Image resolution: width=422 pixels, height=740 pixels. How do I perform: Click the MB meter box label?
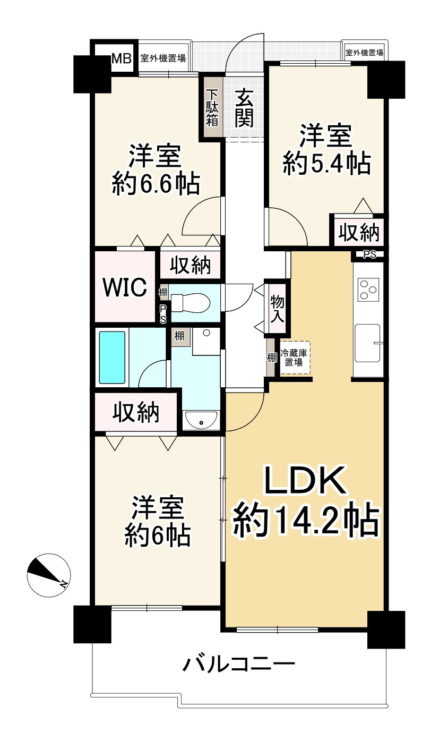(x=122, y=59)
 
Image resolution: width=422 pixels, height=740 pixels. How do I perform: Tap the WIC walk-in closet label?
(x=125, y=287)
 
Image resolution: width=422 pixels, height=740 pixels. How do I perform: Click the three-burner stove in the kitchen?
(x=368, y=290)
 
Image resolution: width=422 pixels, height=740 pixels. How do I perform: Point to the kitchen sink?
(x=368, y=343)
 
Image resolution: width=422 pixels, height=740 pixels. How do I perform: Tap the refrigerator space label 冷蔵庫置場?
(x=294, y=358)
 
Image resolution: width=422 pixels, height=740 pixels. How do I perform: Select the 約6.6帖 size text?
(x=156, y=183)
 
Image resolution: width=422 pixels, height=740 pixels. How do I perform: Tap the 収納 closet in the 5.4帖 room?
(x=359, y=232)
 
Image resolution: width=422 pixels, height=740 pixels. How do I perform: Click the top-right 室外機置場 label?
(x=365, y=52)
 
